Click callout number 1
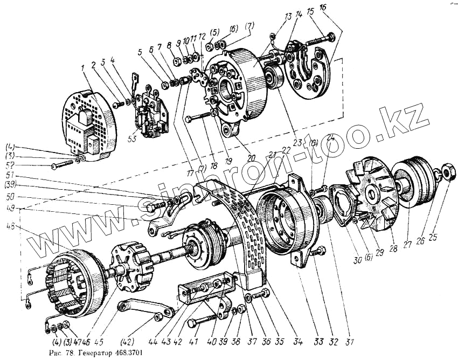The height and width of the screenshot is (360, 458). point(82,68)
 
